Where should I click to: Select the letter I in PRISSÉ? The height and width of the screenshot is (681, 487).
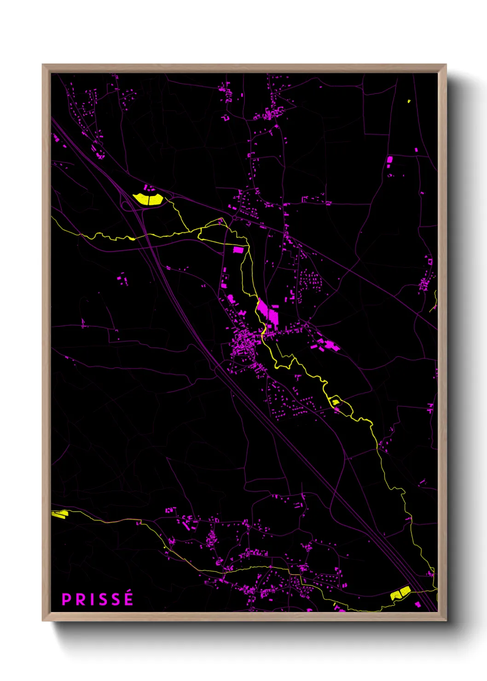pyautogui.click(x=92, y=600)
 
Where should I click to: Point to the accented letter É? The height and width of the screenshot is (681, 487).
pyautogui.click(x=128, y=598)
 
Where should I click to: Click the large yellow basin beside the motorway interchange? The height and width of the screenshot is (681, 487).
pyautogui.click(x=148, y=199)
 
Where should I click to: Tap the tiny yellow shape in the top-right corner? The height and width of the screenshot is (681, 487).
pyautogui.click(x=409, y=101)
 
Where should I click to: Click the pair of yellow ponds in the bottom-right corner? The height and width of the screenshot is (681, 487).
pyautogui.click(x=400, y=593)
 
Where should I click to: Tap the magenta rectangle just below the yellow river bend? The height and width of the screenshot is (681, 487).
pyautogui.click(x=238, y=250)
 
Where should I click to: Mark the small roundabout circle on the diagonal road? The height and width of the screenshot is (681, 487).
pyautogui.click(x=233, y=215)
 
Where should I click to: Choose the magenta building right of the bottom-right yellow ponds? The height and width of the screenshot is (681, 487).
pyautogui.click(x=417, y=604)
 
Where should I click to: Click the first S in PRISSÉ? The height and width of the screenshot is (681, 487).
pyautogui.click(x=103, y=600)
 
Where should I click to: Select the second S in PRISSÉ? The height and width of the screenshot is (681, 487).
pyautogui.click(x=116, y=600)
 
